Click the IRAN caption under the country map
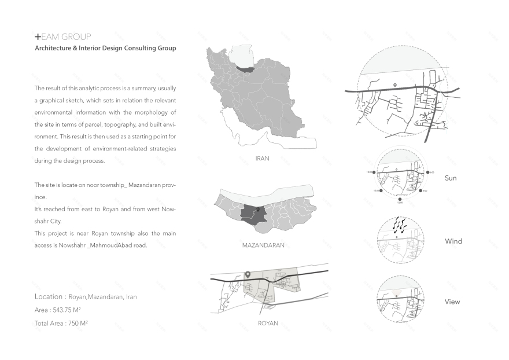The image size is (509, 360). tap(262, 157)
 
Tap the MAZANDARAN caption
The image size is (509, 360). tap(263, 245)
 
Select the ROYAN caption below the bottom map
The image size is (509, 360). tap(268, 323)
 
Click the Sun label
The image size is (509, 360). tap(451, 178)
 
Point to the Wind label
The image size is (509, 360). tap(453, 241)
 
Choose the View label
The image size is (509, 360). tap(452, 302)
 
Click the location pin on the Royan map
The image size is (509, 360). tap(248, 275)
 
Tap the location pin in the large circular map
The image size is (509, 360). tap(395, 85)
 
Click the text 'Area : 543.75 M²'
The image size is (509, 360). tap(57, 310)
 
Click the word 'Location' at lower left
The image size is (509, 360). tap(49, 296)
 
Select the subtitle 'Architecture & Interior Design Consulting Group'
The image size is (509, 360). tap(105, 49)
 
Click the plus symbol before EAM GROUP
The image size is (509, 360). tap(38, 36)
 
